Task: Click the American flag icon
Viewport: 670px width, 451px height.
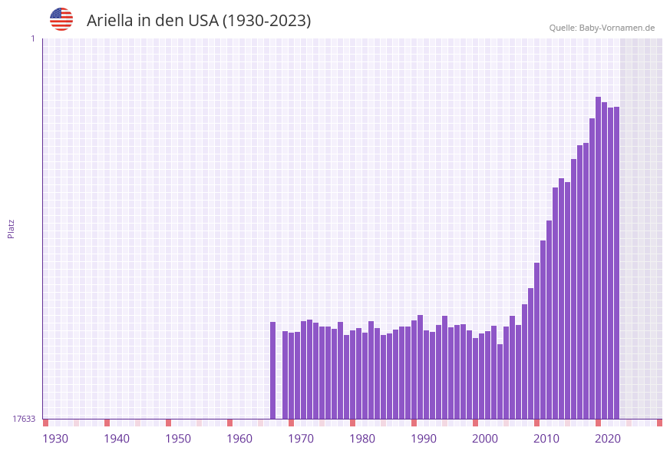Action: click(61, 19)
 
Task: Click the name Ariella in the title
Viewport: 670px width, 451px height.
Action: click(112, 21)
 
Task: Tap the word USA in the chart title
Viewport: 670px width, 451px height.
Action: click(203, 21)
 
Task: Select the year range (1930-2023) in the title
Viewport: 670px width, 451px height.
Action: click(267, 21)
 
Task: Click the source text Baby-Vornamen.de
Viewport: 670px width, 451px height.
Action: click(617, 28)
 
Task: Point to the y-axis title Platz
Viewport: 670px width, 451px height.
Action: click(11, 228)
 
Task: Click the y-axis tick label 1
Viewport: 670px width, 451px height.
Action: click(32, 38)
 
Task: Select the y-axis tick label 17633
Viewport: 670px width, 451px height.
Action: click(24, 419)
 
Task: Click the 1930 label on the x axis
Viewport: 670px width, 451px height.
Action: click(55, 439)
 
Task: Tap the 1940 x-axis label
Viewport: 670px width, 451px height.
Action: click(117, 439)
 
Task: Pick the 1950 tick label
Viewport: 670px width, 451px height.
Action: click(178, 439)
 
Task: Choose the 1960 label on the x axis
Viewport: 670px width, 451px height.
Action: click(239, 439)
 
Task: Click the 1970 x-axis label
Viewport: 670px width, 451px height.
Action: click(301, 439)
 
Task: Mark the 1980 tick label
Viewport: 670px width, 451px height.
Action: click(362, 439)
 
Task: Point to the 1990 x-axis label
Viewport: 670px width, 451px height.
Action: click(424, 439)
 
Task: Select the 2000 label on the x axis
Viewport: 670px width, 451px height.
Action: click(485, 439)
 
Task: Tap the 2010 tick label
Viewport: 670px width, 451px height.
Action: click(546, 439)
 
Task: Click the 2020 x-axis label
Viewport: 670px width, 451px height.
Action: click(608, 439)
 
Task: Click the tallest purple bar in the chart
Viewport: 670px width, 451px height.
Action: click(598, 257)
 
